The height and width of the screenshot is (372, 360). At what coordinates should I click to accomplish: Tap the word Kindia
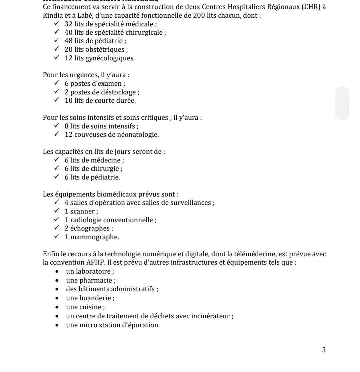53,16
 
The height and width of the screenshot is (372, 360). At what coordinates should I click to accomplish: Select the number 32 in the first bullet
68,24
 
